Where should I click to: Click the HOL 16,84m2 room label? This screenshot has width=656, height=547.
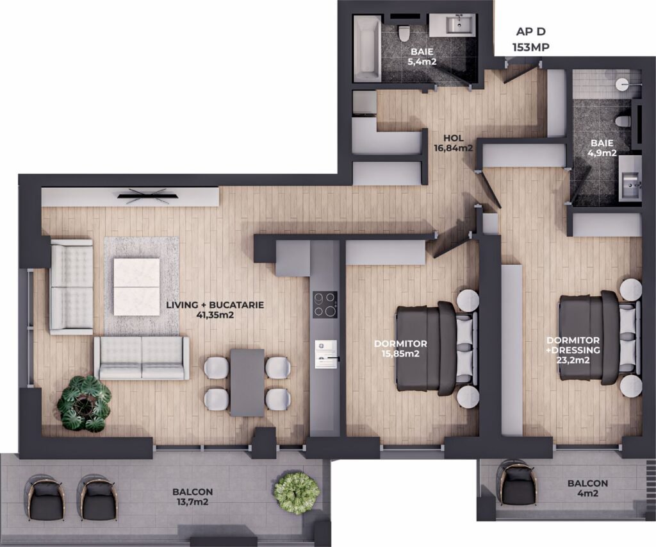[x=454, y=142]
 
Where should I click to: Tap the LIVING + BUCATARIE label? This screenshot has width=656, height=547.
[x=215, y=305]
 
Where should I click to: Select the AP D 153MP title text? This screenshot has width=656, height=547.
[x=531, y=39]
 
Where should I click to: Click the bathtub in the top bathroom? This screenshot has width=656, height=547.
[x=367, y=49]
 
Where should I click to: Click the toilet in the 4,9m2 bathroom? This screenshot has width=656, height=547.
[x=623, y=121]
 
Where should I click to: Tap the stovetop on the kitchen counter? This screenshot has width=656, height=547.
[x=325, y=305]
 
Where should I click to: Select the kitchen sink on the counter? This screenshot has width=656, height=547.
[x=326, y=355]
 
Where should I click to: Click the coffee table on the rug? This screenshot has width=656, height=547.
[x=136, y=287]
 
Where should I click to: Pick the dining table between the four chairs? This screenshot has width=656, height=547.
[x=247, y=382]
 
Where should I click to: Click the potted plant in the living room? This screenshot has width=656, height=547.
[x=84, y=403]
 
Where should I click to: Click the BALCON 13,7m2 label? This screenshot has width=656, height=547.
[x=192, y=496]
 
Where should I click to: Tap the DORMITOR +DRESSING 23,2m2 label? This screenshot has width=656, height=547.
[x=573, y=349]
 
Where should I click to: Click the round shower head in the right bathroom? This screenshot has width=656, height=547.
[x=622, y=84]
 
